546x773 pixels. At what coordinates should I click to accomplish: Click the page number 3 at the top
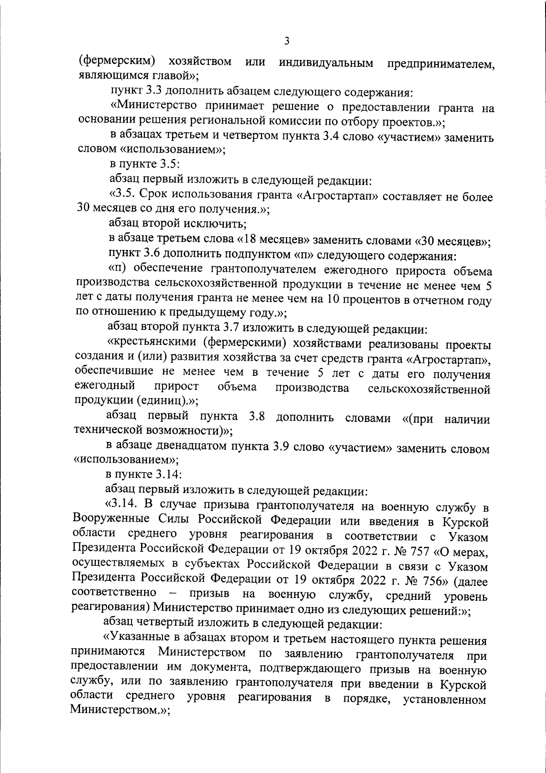(286, 41)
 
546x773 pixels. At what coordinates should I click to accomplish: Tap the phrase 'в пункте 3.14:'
(144, 474)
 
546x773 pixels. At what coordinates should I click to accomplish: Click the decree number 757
(422, 551)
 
